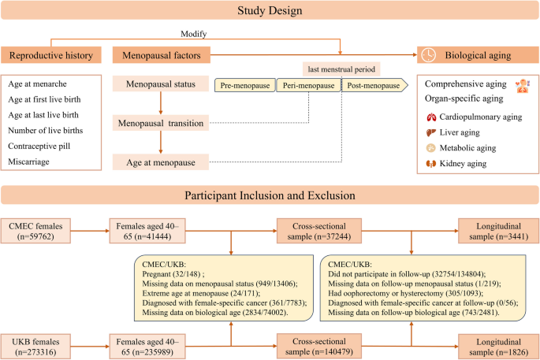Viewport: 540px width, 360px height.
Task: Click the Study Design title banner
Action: coord(270,11)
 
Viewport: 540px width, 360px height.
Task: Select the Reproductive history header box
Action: coord(52,55)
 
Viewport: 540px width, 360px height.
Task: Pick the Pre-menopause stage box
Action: coord(244,85)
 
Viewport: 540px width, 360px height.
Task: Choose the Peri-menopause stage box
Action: coord(308,85)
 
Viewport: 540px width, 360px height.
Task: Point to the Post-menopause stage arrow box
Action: coord(372,85)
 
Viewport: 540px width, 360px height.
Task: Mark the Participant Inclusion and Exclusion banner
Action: coord(270,195)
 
